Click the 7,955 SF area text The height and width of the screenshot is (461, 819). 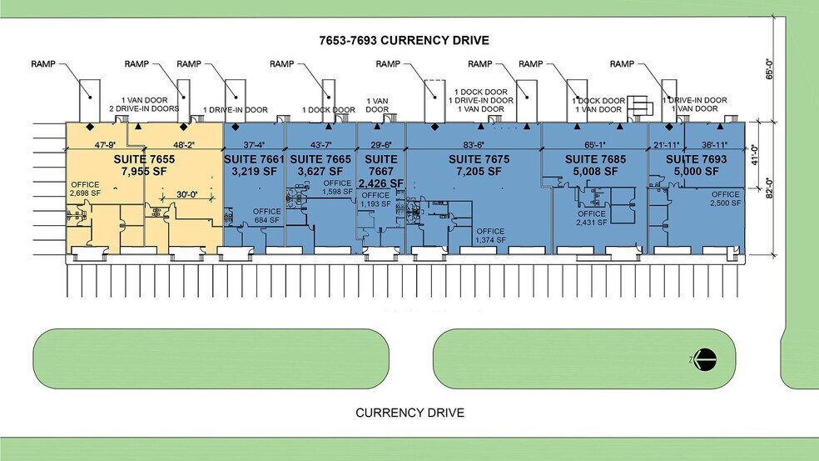142,171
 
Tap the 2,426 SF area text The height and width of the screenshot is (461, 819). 381,183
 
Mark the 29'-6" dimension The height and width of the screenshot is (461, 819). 381,144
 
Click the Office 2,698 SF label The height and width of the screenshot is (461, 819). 85,188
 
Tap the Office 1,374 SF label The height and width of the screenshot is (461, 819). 490,236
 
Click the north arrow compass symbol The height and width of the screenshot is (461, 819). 705,359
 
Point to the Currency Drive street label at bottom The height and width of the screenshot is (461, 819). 409,413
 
